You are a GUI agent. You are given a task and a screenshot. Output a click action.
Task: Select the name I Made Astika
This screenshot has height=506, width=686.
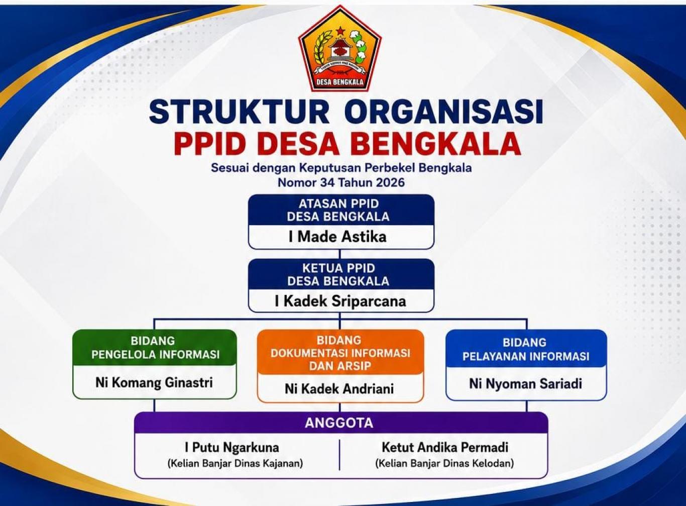[x=337, y=237]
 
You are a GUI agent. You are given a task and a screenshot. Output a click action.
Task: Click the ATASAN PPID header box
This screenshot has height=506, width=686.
[x=341, y=210]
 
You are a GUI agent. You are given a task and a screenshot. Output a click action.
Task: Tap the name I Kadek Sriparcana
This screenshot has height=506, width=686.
[x=340, y=301]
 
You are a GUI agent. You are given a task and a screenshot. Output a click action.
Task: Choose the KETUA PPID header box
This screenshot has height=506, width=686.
[x=341, y=275]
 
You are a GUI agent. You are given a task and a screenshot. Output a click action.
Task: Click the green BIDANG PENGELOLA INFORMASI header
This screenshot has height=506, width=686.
[x=155, y=348]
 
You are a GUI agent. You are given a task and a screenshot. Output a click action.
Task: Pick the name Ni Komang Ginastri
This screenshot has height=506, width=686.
[x=154, y=383]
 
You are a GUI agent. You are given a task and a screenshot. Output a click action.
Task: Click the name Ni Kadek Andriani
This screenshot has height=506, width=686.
[x=339, y=389]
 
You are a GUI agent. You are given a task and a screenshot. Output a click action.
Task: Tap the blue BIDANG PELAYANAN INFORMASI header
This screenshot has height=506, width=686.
[x=526, y=348]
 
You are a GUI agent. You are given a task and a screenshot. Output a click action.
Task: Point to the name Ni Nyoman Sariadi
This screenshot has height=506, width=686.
[x=525, y=384]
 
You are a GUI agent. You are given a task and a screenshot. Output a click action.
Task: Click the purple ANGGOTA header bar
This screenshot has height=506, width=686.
[x=341, y=423]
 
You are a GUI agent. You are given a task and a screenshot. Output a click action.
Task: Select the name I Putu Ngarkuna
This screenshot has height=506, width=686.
[x=232, y=448]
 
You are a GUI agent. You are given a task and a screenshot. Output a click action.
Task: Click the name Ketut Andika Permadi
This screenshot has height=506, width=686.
[x=445, y=448]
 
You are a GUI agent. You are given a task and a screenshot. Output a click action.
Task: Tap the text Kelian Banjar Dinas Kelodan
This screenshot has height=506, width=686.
[x=444, y=463]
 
